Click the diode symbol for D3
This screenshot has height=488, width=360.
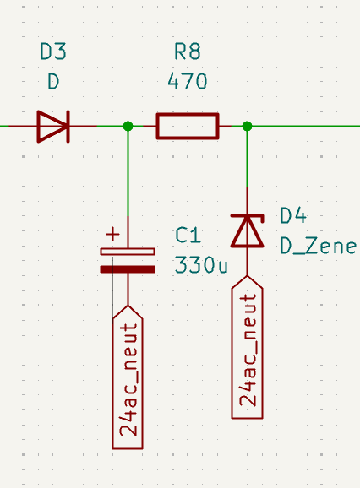(x=53, y=127)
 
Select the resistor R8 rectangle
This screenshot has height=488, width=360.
(x=188, y=126)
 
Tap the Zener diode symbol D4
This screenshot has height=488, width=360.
(x=248, y=231)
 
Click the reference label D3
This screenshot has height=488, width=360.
(x=53, y=52)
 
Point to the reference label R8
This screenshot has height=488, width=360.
(x=187, y=52)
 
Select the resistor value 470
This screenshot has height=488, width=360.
(x=187, y=81)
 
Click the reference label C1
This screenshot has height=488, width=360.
(x=188, y=235)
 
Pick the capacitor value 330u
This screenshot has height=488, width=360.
(x=201, y=265)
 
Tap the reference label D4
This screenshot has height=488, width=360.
(x=293, y=215)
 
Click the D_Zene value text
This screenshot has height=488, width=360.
(x=318, y=246)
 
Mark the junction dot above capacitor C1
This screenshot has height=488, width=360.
(x=128, y=126)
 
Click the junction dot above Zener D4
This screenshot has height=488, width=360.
(x=248, y=126)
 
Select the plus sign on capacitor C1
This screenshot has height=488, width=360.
(x=112, y=234)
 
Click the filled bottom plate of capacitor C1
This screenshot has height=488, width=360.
(x=128, y=269)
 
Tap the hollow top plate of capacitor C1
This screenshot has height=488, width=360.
(x=128, y=252)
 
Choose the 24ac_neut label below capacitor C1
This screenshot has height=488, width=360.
(x=128, y=377)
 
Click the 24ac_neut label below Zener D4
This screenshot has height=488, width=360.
(x=248, y=347)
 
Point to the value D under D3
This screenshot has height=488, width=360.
(x=53, y=81)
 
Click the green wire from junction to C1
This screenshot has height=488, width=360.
(x=128, y=171)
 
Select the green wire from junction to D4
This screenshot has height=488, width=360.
(x=248, y=156)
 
